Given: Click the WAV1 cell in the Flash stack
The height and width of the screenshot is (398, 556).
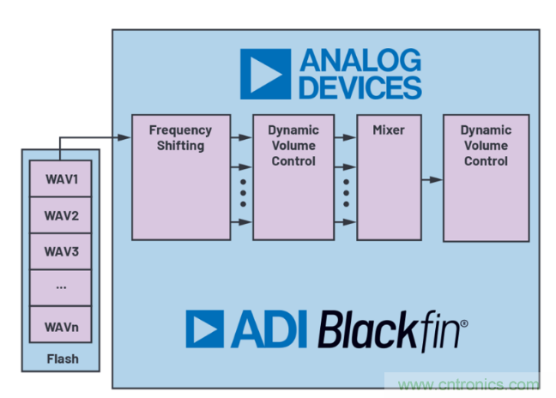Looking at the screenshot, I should point(61,179).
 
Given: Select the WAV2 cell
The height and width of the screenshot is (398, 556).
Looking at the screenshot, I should point(61,215).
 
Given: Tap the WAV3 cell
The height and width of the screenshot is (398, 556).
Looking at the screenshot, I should point(61,251).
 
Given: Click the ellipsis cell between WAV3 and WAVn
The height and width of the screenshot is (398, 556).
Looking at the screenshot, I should point(61,286).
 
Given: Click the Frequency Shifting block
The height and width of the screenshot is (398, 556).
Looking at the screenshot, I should point(180,176).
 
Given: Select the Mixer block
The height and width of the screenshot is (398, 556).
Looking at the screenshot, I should point(388,176).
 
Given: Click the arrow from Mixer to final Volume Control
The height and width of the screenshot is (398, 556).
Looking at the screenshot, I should point(432,179).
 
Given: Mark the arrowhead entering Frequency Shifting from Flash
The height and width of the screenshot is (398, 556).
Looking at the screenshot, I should point(125,136).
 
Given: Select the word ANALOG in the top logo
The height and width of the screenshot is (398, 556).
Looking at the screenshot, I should point(360,60).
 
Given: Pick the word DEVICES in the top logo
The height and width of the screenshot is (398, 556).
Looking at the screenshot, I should point(360,87).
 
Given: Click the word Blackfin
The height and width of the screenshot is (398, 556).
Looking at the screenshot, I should point(392,330).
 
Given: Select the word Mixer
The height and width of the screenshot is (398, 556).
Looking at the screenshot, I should point(388,130).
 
